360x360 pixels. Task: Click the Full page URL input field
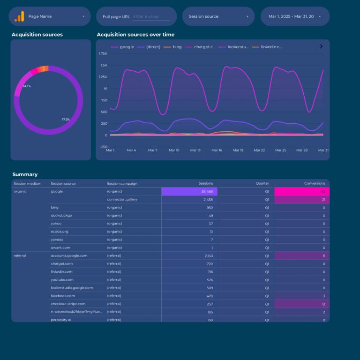151,16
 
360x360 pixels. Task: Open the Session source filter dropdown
218,16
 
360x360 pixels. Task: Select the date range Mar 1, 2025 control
294,16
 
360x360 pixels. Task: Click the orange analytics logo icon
19,16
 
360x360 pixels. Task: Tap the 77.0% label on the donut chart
66,120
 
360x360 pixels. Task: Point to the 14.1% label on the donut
27,86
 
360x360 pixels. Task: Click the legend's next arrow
321,46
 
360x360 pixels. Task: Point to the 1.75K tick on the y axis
103,54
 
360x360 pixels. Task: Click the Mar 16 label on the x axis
217,150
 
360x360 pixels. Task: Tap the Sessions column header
205,184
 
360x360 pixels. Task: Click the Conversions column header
315,184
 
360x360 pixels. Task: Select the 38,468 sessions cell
189,192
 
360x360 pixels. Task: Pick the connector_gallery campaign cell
122,200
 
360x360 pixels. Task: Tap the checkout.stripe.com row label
68,304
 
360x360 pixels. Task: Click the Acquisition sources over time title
135,35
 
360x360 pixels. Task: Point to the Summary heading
25,174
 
